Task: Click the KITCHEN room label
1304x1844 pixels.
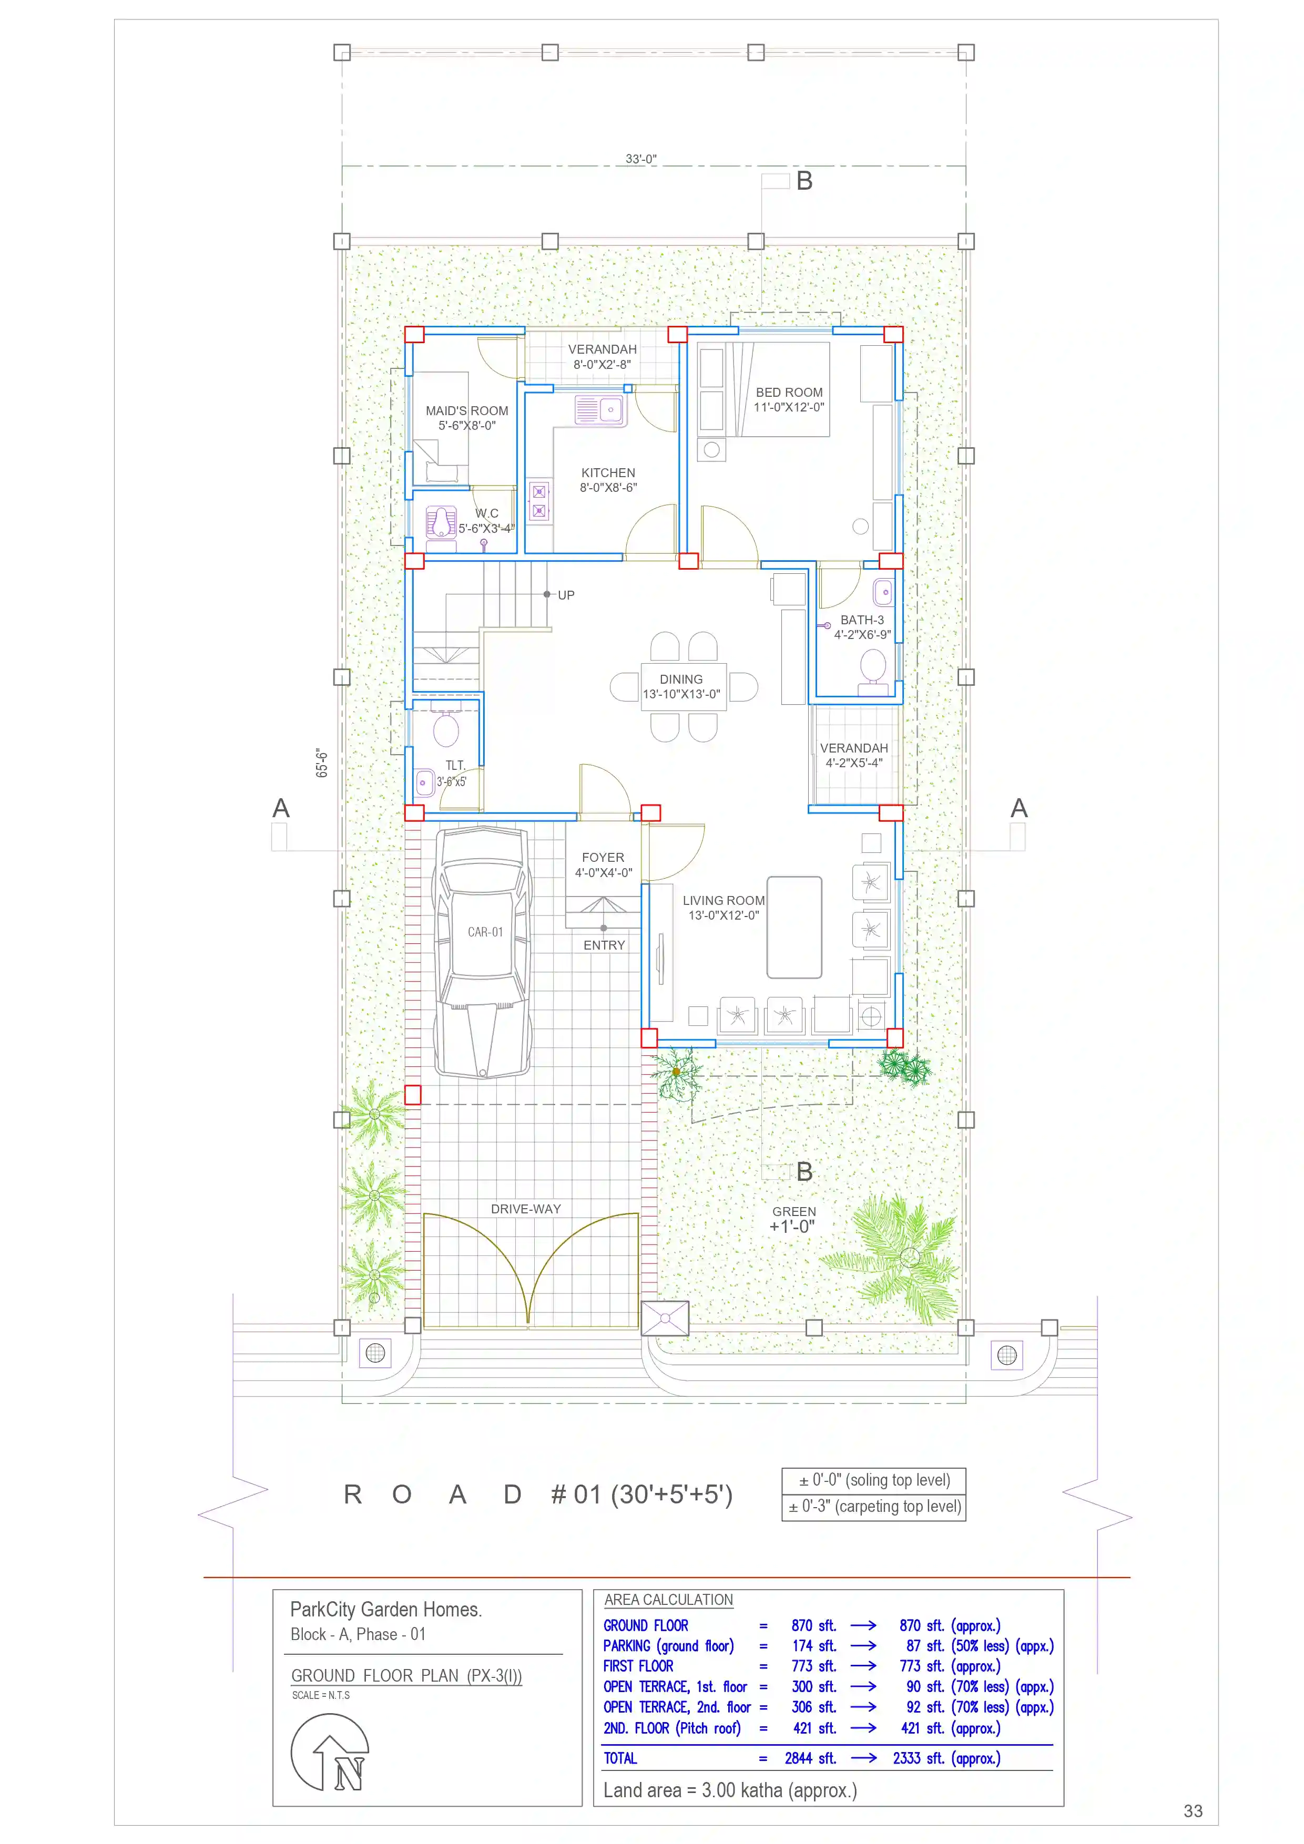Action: pyautogui.click(x=608, y=473)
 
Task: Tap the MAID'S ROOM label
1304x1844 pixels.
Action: pyautogui.click(x=467, y=410)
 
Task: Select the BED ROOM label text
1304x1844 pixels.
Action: pyautogui.click(x=789, y=392)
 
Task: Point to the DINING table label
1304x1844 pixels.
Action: pyautogui.click(x=681, y=679)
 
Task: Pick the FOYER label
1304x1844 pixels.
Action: pyautogui.click(x=603, y=858)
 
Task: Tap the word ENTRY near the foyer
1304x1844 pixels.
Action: pyautogui.click(x=604, y=945)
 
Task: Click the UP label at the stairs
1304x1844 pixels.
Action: pyautogui.click(x=566, y=595)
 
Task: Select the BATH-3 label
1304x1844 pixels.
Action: pyautogui.click(x=862, y=620)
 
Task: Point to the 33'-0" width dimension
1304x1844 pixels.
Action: pyautogui.click(x=641, y=159)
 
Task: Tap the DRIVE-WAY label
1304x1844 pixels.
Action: pyautogui.click(x=526, y=1209)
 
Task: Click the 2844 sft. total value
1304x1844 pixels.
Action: pyautogui.click(x=811, y=1758)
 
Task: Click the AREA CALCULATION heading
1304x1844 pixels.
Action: pyautogui.click(x=668, y=1599)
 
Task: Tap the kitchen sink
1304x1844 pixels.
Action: pyautogui.click(x=599, y=409)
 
